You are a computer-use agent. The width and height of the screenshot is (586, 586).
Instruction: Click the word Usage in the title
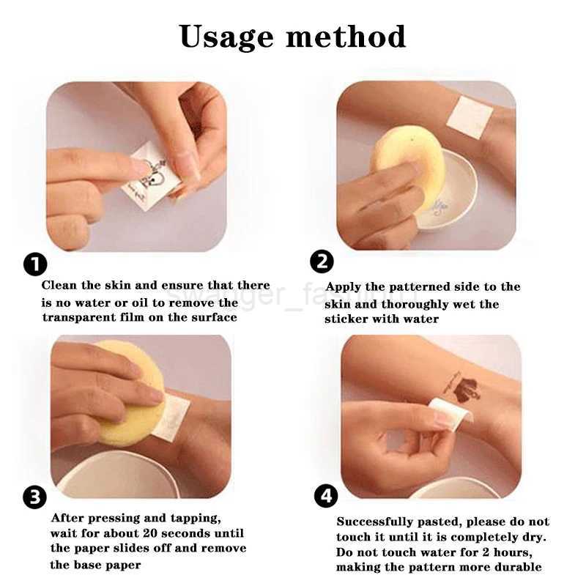[226, 36]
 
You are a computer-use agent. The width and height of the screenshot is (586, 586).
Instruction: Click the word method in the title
[346, 36]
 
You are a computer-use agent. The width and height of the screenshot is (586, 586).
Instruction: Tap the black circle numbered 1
[35, 264]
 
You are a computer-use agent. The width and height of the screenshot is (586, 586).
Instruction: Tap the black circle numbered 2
[322, 262]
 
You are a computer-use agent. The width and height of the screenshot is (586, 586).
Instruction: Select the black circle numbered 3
[35, 497]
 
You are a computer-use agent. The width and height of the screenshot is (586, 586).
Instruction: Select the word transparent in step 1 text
[82, 317]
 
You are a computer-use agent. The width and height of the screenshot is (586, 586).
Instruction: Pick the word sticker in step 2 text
[346, 319]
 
